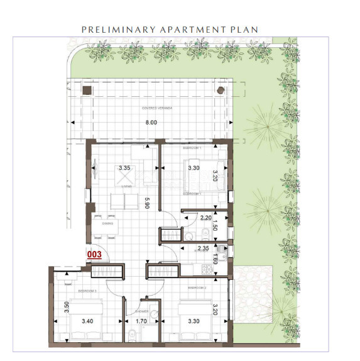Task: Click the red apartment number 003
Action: (x=94, y=254)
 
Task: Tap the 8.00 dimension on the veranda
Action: (x=151, y=123)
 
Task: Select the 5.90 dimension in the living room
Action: (x=146, y=204)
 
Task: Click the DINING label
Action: (x=107, y=223)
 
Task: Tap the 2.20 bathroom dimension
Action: (x=205, y=218)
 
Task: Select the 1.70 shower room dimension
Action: (x=141, y=321)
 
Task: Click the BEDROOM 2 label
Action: (x=197, y=287)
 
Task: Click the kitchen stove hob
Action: (x=205, y=270)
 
